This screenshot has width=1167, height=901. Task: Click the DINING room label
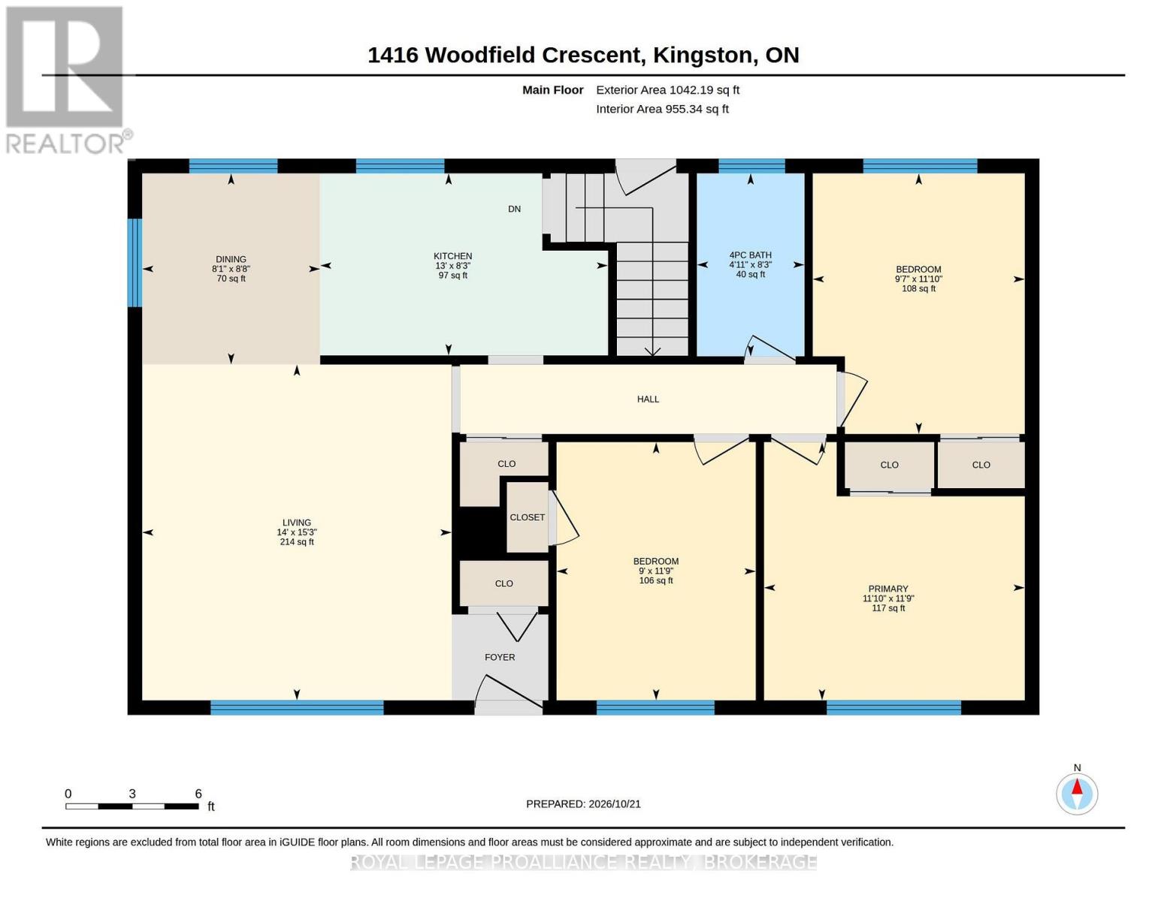231,258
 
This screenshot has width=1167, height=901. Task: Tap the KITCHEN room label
452,256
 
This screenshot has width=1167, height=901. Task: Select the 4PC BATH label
750,255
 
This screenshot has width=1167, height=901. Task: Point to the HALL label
648,399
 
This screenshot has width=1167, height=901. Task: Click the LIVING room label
297,523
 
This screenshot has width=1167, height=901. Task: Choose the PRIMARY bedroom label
888,589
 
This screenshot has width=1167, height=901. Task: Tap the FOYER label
500,658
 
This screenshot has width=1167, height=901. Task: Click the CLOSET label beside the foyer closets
527,517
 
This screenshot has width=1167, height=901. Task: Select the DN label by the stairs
514,209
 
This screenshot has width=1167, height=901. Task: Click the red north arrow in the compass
1077,787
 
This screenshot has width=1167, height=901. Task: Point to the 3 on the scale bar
132,794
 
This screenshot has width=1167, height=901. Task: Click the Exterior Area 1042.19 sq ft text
667,90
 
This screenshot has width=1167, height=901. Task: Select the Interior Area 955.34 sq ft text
662,109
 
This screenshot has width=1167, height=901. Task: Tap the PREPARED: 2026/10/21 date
583,804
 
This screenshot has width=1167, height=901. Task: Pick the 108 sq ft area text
918,289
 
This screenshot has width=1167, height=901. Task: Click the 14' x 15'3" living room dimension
297,532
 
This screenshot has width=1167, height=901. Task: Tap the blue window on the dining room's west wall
135,262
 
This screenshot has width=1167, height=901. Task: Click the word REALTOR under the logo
65,144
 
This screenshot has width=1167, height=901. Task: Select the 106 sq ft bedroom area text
656,580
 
